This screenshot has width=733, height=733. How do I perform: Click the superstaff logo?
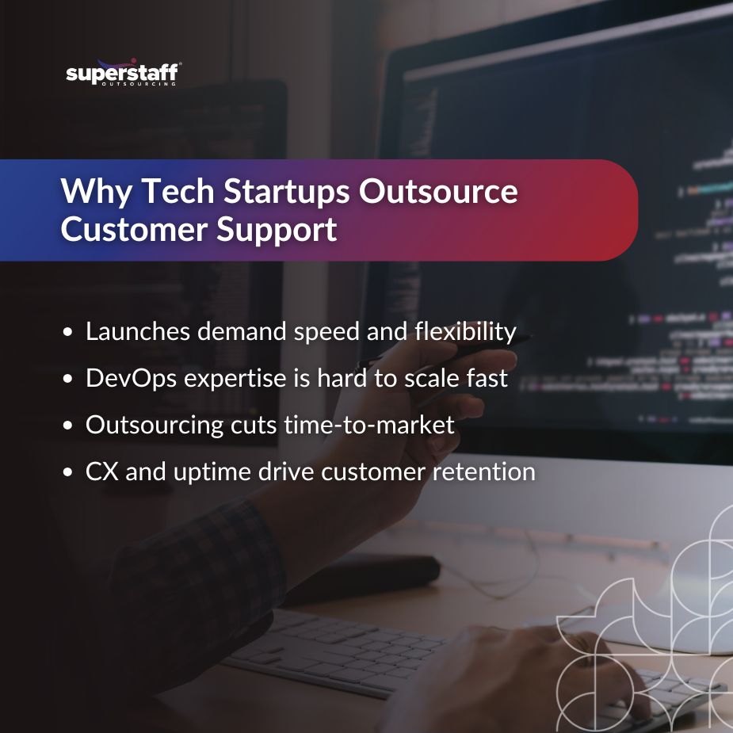[123, 72]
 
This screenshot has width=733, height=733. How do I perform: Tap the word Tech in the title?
[178, 191]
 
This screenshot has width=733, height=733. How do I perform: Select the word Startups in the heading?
[286, 192]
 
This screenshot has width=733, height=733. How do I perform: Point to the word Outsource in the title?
[438, 192]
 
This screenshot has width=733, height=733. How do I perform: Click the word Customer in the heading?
[134, 229]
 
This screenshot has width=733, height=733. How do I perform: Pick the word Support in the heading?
[277, 231]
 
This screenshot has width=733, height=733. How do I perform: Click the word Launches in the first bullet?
[138, 331]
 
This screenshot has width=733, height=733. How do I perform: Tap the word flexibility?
[465, 332]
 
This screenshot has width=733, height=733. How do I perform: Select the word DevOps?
[132, 378]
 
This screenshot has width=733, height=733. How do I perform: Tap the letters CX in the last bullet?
[102, 471]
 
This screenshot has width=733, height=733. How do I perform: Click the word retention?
[483, 471]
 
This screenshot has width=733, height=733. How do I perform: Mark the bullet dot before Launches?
[68, 332]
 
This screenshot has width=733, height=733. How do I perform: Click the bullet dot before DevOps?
[68, 379]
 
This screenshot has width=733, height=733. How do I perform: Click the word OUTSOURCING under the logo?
[139, 84]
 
